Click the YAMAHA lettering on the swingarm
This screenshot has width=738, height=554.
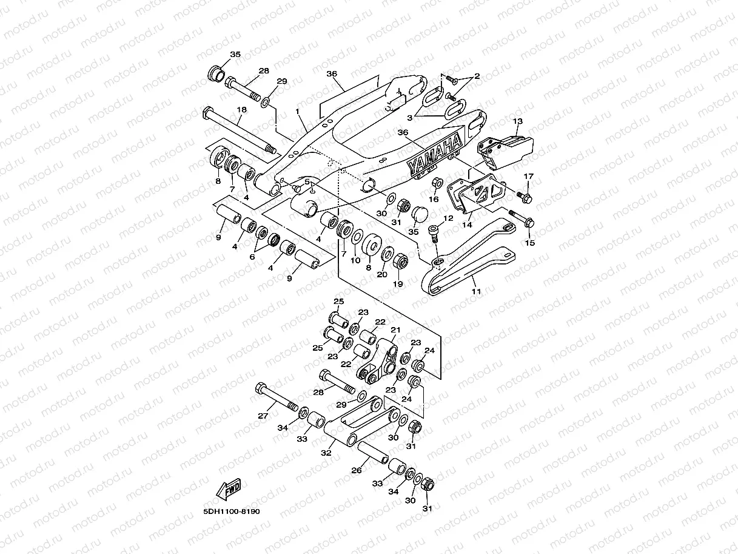coord(435,157)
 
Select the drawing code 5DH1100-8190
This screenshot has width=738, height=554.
coord(232,512)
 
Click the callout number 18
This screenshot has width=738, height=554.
coord(241,110)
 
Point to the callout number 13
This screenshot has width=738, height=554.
coord(517,121)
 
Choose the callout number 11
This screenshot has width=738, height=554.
coord(476,292)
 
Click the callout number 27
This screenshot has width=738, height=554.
coord(263,416)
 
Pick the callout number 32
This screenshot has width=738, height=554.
coord(326,453)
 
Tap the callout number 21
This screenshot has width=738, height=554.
coord(395,329)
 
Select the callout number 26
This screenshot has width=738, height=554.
coord(357,470)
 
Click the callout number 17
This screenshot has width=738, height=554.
coord(528,177)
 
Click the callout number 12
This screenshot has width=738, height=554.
coord(449,218)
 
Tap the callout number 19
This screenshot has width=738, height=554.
coord(398,284)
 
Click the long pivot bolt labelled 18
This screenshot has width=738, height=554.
coord(240,130)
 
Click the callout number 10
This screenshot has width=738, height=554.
coord(355,260)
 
